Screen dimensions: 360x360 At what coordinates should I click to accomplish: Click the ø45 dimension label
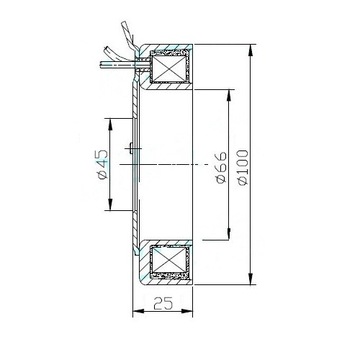pyautogui.click(x=103, y=164)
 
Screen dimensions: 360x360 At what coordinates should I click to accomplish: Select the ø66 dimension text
pyautogui.click(x=221, y=168)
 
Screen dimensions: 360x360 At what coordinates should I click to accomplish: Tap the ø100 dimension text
pyautogui.click(x=243, y=167)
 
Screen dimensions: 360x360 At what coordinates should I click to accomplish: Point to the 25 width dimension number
pyautogui.click(x=163, y=303)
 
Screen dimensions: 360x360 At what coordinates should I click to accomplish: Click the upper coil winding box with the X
pyautogui.click(x=168, y=69)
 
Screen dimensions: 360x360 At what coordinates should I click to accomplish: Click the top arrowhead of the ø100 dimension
pyautogui.click(x=251, y=50)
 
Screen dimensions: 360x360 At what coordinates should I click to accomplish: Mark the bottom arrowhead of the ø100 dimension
pyautogui.click(x=251, y=279)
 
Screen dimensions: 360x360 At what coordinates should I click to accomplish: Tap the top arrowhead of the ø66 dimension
pyautogui.click(x=229, y=95)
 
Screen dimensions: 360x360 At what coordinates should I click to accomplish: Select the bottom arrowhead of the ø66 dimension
pyautogui.click(x=229, y=234)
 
